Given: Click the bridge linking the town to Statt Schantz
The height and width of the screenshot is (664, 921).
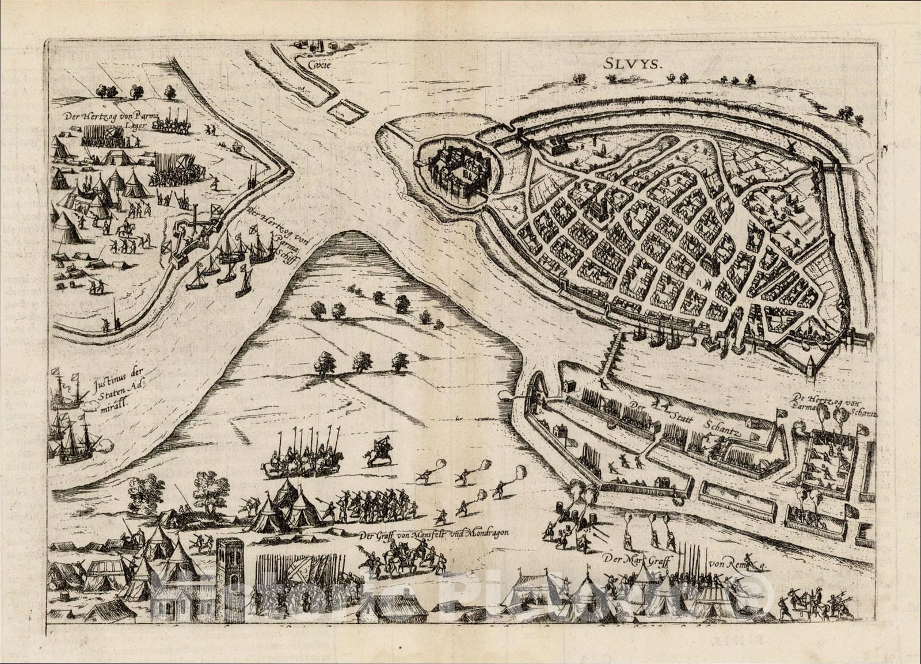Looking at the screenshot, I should pyautogui.click(x=613, y=354).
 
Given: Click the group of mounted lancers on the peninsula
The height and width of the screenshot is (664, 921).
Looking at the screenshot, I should pyautogui.click(x=302, y=457).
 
